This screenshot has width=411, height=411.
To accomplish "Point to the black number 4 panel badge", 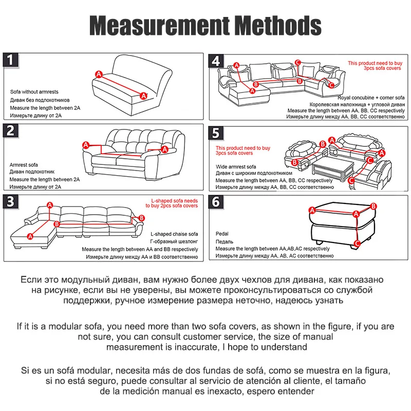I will click(x=216, y=61).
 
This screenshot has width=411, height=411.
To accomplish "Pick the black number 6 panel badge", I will click(x=216, y=202).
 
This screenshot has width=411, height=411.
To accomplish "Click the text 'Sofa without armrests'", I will click(x=34, y=92).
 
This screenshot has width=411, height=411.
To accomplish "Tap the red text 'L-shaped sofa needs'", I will click(x=175, y=200).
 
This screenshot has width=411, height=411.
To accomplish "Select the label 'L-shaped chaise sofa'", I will click(x=174, y=234).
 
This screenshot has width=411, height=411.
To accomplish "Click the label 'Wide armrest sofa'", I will click(x=236, y=167).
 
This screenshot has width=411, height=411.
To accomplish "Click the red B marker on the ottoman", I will click(x=373, y=206).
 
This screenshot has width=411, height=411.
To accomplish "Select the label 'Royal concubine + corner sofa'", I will click(x=371, y=97).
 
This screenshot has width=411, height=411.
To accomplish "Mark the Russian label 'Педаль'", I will click(x=225, y=241).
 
